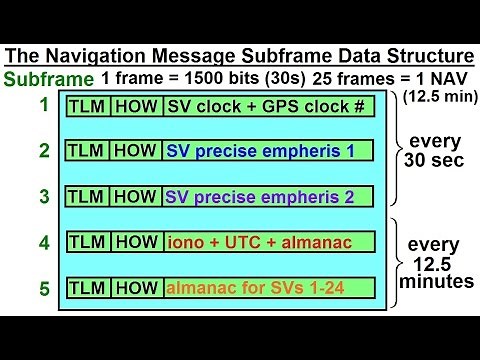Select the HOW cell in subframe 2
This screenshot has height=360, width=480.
point(136,152)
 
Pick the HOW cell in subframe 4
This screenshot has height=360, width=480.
point(136,241)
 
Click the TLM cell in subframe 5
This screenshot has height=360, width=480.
point(88,288)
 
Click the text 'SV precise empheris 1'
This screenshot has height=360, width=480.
point(259,152)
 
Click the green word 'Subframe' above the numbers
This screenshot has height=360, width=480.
point(50,79)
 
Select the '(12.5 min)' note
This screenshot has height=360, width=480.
point(439,97)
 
